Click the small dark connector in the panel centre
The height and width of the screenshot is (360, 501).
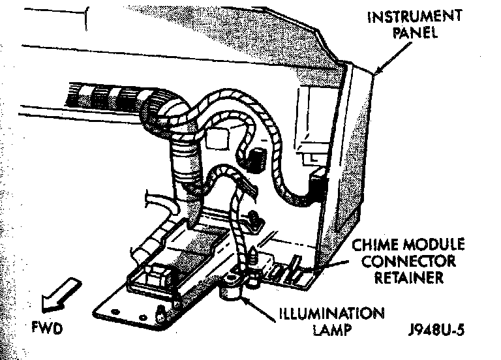pos(256,159)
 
